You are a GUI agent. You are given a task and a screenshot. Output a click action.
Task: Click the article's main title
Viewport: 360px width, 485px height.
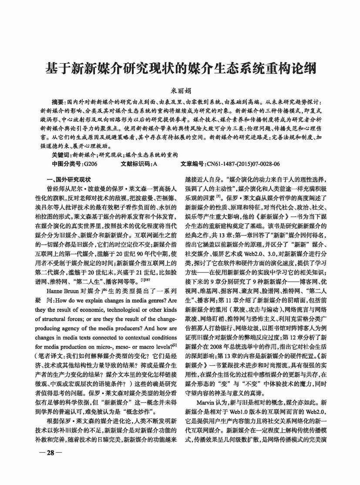(180, 68)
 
